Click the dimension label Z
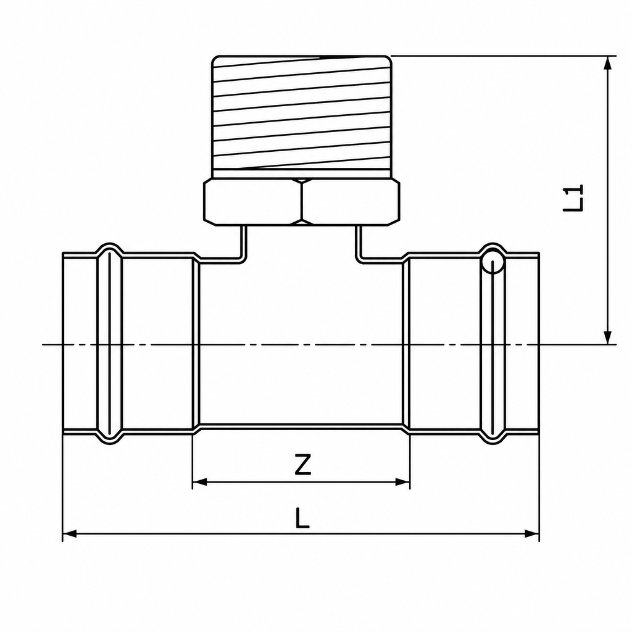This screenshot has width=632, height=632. click(x=302, y=464)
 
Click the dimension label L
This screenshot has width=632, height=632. click(x=302, y=518)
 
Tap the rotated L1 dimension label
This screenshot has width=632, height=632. click(x=573, y=198)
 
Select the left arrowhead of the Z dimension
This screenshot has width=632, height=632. click(x=199, y=481)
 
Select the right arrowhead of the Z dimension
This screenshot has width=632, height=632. click(x=402, y=481)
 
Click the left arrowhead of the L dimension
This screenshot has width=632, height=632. click(x=70, y=534)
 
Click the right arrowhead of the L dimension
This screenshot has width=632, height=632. click(x=532, y=534)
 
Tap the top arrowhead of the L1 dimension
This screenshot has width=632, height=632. click(x=608, y=64)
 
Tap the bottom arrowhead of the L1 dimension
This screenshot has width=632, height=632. click(x=608, y=337)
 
